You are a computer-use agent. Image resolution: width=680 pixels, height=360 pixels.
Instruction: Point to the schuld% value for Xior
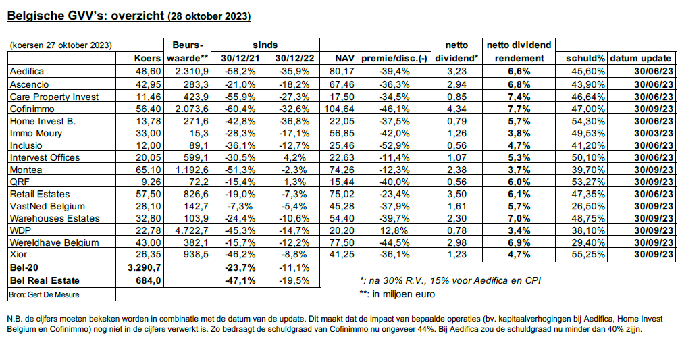click(x=590, y=255)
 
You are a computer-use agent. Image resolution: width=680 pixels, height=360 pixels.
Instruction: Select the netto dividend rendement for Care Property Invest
click(x=520, y=96)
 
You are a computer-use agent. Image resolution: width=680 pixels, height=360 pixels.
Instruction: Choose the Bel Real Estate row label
click(x=44, y=280)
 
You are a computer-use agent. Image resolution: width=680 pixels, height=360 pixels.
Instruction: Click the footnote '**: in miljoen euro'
click(x=398, y=294)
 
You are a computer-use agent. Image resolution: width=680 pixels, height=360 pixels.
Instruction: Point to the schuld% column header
click(x=585, y=59)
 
